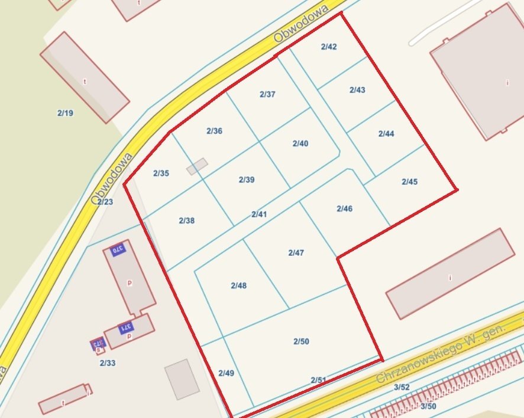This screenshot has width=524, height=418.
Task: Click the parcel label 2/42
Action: [329, 47]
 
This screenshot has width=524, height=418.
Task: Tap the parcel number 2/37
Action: [267, 94]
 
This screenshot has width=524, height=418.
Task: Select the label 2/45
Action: [409, 182]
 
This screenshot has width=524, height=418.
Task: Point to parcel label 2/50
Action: [301, 342]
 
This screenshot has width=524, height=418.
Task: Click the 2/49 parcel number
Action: [226, 373]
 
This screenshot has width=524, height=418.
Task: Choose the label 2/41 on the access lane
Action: [259, 214]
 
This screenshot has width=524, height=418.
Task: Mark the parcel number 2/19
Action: [65, 112]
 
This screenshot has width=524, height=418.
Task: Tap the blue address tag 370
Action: [117, 250]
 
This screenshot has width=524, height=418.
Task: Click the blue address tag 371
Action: [125, 327]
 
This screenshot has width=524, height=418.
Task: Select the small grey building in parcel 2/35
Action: [197, 166]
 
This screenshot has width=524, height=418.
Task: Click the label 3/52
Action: [402, 387]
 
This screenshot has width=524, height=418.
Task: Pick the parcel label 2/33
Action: [107, 363]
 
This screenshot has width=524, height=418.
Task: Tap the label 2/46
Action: [344, 208]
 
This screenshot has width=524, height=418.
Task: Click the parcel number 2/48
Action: [238, 285]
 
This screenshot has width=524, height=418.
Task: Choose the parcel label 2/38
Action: [186, 221]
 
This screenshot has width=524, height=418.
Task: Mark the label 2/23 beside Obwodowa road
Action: [105, 202]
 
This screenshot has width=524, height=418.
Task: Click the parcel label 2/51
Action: [318, 380]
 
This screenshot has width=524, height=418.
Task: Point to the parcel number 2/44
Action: [386, 134]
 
